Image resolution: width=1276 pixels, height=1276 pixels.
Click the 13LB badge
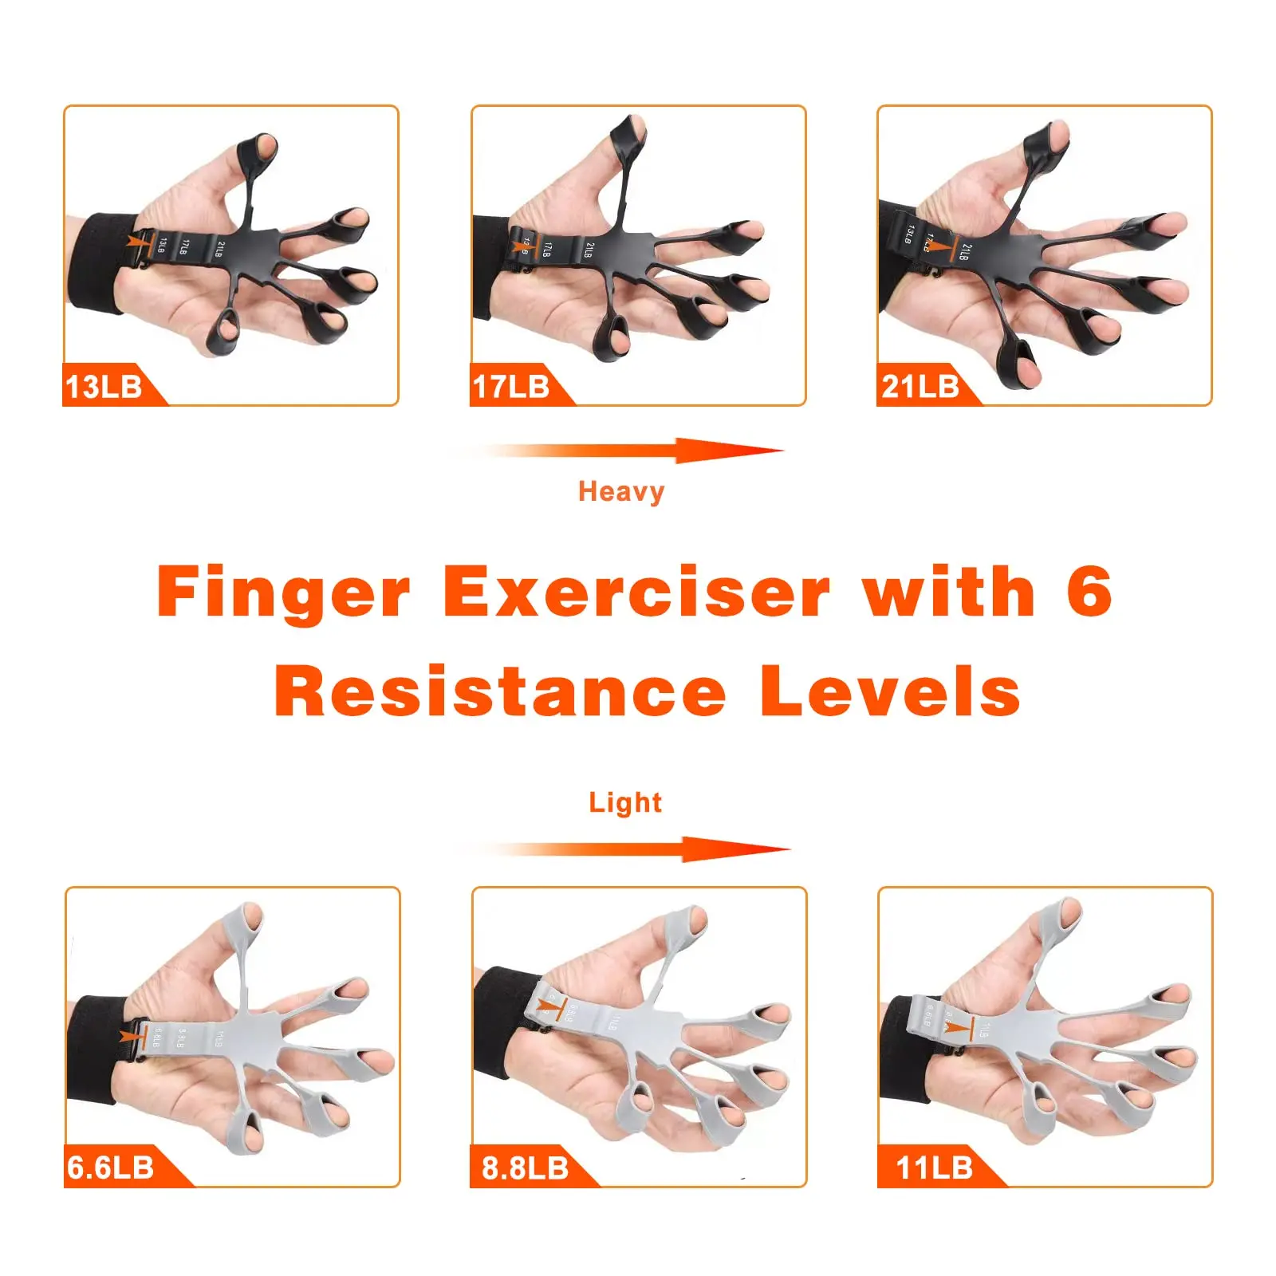pyautogui.click(x=105, y=387)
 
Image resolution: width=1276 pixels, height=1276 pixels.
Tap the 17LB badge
pyautogui.click(x=512, y=387)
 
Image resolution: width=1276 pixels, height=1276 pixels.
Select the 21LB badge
pyautogui.click(x=920, y=387)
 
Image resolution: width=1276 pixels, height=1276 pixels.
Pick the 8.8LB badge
pyautogui.click(x=526, y=1168)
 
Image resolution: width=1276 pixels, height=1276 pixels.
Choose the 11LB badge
pyautogui.click(x=935, y=1168)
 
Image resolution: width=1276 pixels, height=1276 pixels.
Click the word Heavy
pyautogui.click(x=621, y=491)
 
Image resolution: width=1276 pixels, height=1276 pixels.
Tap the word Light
pyautogui.click(x=625, y=802)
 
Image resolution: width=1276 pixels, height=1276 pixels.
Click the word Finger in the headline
pyautogui.click(x=284, y=593)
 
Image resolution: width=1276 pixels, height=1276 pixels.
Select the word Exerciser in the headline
pyautogui.click(x=636, y=592)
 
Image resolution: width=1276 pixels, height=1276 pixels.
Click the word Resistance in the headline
pyautogui.click(x=500, y=691)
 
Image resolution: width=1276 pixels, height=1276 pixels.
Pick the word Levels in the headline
pyautogui.click(x=889, y=691)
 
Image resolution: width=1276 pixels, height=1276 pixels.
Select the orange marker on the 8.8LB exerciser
pyautogui.click(x=551, y=1005)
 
